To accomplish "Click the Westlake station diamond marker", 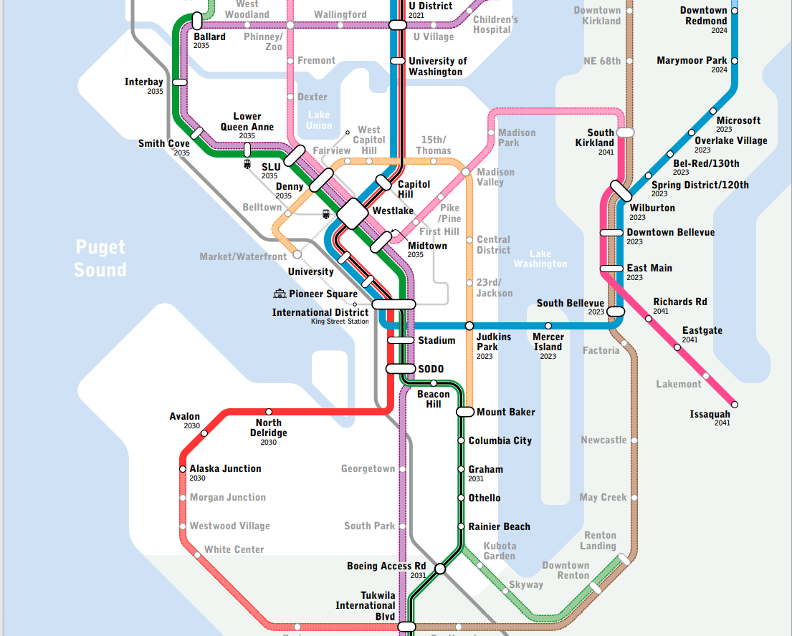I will point(352,213).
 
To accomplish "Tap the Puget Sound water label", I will point(100,259).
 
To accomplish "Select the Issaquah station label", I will point(710,414).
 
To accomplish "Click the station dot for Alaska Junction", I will point(183,469).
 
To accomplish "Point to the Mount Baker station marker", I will point(466,412).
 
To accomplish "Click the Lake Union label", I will point(319,120).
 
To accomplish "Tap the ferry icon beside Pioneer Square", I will point(280,294).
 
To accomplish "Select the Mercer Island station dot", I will point(548,325).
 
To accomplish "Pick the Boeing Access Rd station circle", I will point(440,569).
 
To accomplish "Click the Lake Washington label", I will point(540,259).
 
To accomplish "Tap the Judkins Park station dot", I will point(469,325).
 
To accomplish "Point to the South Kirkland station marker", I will point(626,132).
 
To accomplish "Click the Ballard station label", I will point(209,37).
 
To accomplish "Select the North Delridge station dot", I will point(269,412).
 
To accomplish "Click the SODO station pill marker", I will point(401,369).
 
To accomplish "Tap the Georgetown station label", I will point(368,469).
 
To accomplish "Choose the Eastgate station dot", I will point(677,347).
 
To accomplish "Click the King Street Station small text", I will point(340,322).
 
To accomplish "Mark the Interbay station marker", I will point(179,82).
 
